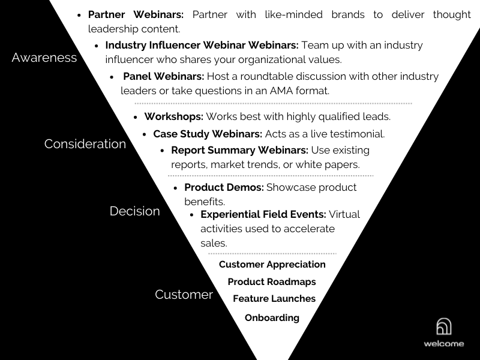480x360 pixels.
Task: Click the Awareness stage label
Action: point(44,58)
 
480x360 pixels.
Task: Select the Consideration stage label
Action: point(85,144)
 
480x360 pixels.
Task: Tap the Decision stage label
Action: point(134,211)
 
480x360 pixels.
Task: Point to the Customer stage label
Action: point(184,295)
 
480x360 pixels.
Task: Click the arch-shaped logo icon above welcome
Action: point(443,326)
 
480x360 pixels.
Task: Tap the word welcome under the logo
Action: point(444,343)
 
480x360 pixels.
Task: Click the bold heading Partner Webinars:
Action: point(136,14)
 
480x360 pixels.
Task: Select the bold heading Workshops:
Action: point(173,116)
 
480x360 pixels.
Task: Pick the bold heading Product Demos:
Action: point(224,187)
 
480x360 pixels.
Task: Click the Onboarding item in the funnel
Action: point(272,318)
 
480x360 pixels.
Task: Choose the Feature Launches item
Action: point(274,298)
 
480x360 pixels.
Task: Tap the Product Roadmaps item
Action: point(272,281)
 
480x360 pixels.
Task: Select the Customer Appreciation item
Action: point(272,265)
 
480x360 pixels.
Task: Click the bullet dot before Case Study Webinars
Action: point(145,134)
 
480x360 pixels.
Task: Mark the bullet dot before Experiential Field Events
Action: point(192,215)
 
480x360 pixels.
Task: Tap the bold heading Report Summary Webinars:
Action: point(239,151)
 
